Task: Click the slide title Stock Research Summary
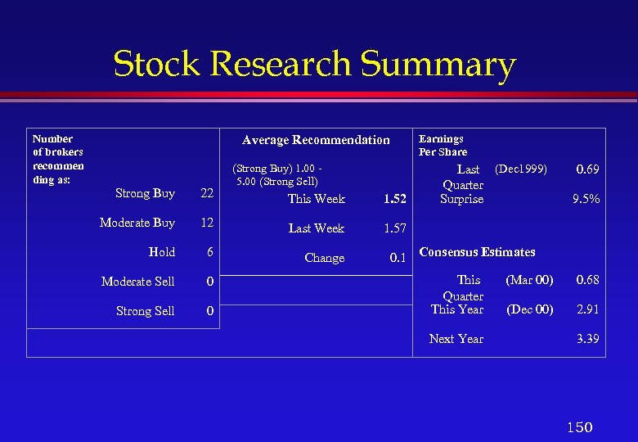315,64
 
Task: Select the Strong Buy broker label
145,193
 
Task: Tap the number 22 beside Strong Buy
207,193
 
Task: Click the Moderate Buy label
137,223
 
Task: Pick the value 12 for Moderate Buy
207,223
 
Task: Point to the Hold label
162,252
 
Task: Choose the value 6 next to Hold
210,252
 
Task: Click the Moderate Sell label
137,282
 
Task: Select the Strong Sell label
145,311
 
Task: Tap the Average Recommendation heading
316,140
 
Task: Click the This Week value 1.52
393,199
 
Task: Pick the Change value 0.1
398,258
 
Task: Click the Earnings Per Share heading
443,145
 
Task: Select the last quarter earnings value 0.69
587,169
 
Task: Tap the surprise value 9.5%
586,199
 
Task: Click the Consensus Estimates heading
477,252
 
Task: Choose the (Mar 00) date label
529,280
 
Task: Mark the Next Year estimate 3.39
587,339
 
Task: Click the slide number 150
579,427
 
